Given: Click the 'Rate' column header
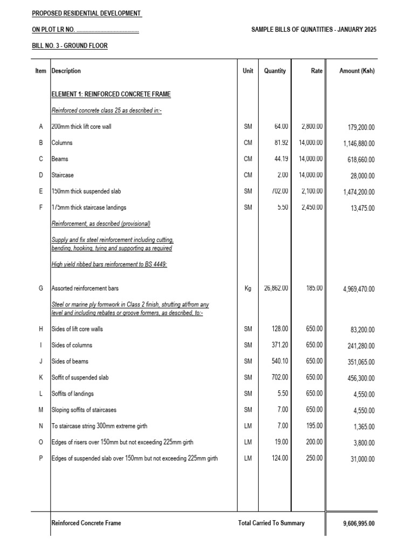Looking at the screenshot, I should click(x=316, y=71).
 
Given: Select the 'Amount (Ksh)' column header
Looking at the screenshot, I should click(x=357, y=71).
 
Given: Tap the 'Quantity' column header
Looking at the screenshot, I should click(x=275, y=71).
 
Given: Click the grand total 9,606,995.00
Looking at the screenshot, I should click(x=358, y=523).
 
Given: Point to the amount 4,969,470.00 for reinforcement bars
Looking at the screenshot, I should click(x=358, y=289).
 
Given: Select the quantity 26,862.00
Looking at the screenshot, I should click(x=275, y=288).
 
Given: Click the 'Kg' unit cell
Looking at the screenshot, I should click(x=248, y=288).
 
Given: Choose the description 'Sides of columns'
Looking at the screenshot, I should click(x=72, y=345).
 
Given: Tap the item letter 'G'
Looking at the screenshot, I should click(x=40, y=288).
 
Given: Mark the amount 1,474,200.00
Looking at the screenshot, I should click(x=358, y=192).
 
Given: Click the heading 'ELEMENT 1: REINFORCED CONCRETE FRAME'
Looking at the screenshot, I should click(x=111, y=94).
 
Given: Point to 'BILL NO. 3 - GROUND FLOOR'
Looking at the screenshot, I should click(x=70, y=46).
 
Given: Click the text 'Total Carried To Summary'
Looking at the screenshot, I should click(x=271, y=523).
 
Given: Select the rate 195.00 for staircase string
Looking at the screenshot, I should click(x=314, y=426).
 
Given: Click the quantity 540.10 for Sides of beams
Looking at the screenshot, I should click(x=279, y=361).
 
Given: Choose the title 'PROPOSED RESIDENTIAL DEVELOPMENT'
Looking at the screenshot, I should click(x=86, y=13).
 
